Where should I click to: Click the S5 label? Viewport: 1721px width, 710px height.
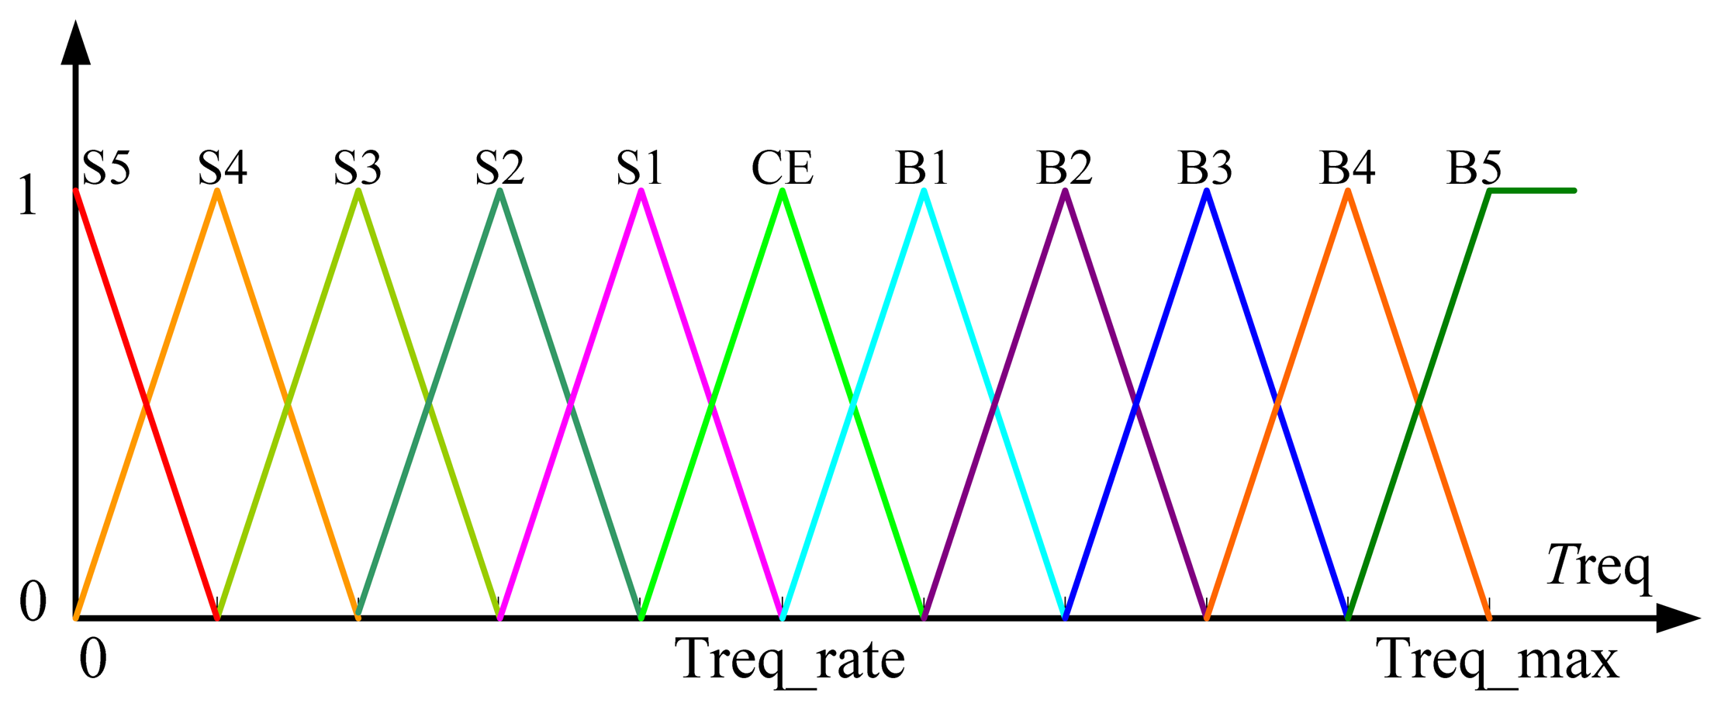tap(106, 167)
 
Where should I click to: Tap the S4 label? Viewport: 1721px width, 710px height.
tap(223, 167)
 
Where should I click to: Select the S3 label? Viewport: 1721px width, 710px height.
tap(358, 167)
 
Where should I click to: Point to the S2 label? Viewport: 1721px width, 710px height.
tap(499, 167)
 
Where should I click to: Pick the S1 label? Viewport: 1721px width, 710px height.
tap(640, 167)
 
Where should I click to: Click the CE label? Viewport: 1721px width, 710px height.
tap(782, 167)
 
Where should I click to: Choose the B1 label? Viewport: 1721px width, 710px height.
tap(922, 167)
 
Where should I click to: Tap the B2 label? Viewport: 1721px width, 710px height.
tap(1064, 167)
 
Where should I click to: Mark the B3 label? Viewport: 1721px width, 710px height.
tap(1204, 167)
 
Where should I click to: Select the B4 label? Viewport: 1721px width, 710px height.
tap(1346, 167)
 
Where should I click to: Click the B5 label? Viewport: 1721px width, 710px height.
tap(1474, 167)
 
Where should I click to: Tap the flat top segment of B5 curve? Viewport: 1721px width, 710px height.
tap(1532, 190)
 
